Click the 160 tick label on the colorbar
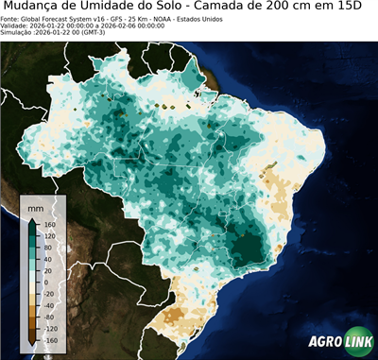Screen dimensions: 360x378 pos(46,223)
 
